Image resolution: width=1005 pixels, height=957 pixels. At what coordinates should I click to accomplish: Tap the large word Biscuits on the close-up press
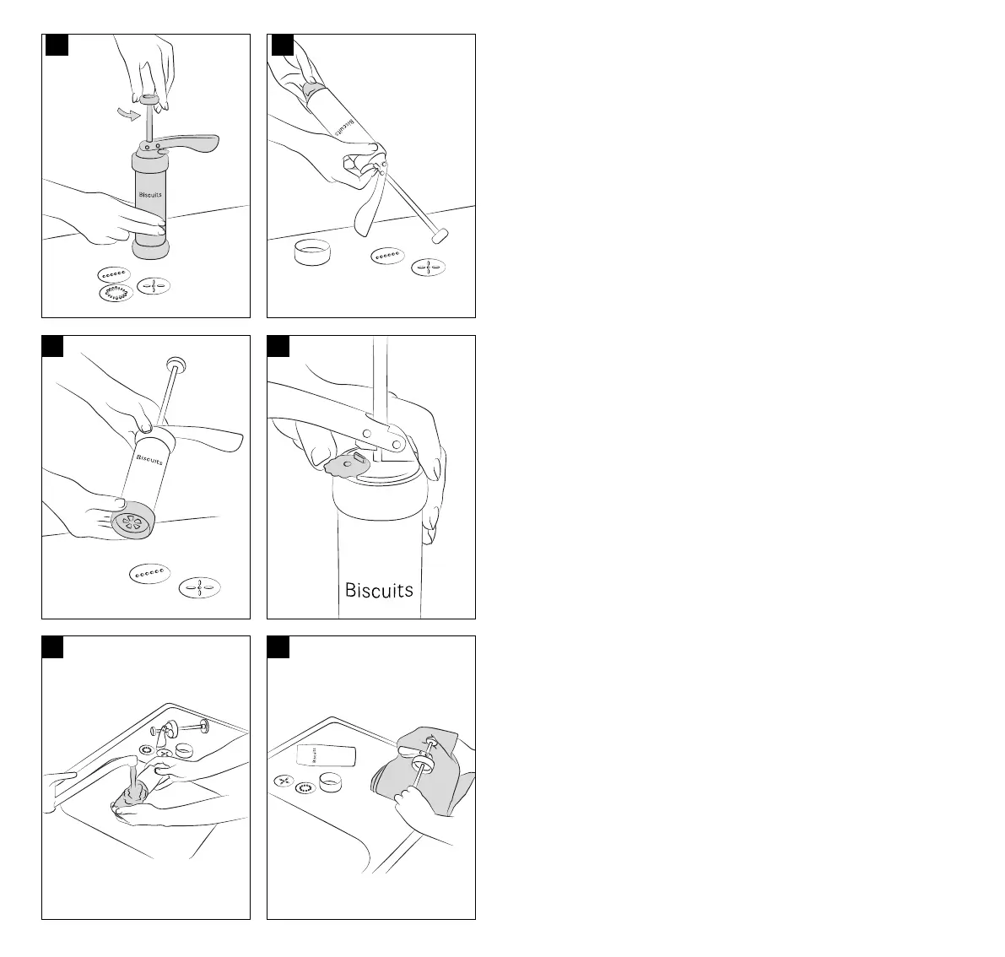[379, 589]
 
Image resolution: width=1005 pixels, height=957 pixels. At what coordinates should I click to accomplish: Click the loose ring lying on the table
[311, 251]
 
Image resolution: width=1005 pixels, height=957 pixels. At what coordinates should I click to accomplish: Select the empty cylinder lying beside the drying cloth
[327, 755]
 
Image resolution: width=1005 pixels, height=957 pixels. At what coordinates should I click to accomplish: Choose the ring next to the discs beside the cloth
[330, 782]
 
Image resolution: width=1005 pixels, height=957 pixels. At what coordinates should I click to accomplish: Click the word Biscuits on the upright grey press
[150, 195]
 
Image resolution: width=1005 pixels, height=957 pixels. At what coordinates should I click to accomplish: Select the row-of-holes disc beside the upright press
[112, 273]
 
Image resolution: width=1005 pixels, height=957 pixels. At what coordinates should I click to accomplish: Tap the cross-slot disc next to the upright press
[154, 286]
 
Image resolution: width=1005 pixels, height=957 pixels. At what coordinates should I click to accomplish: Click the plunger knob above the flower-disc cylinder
[177, 365]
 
